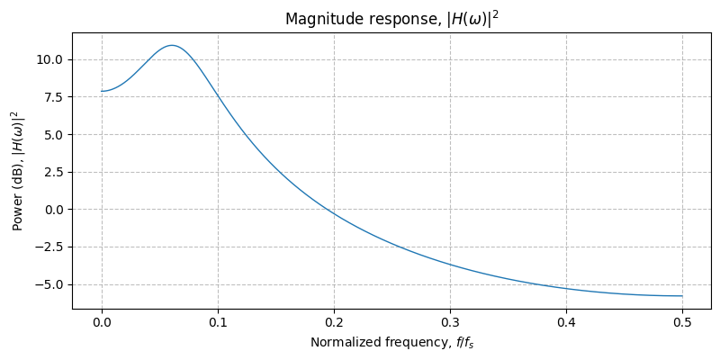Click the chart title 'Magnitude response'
pyautogui.click(x=391, y=19)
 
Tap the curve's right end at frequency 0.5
pyautogui.click(x=682, y=296)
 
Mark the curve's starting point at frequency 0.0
pyautogui.click(x=102, y=91)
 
